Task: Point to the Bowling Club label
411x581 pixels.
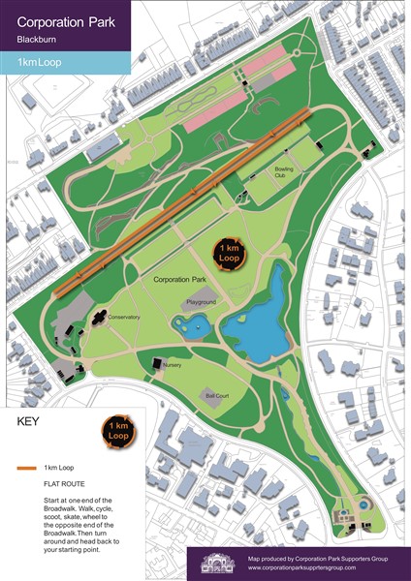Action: (285, 174)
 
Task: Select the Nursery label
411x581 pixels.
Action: (172, 365)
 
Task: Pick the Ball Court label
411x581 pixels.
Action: (215, 395)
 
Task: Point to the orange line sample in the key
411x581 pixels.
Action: (27, 468)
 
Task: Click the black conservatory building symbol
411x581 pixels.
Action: (99, 316)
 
